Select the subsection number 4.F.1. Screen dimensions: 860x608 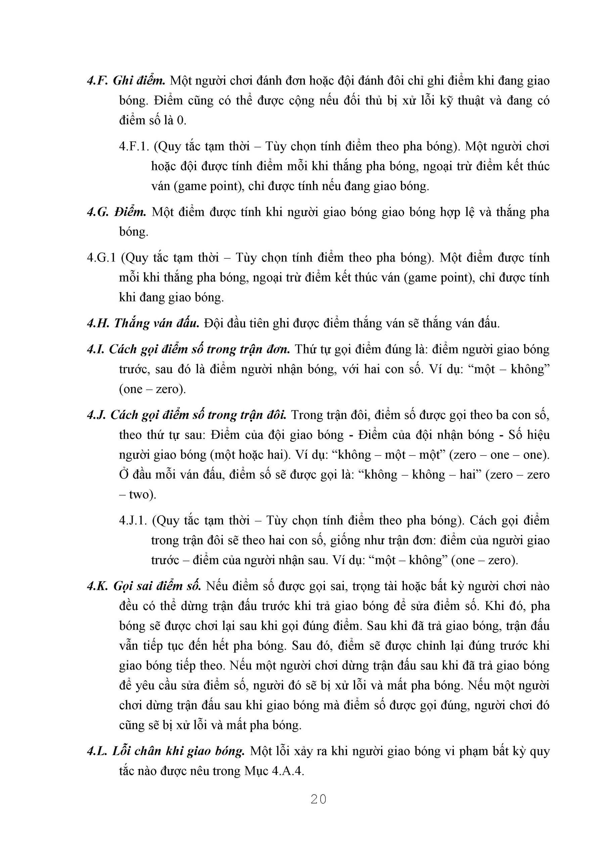point(134,146)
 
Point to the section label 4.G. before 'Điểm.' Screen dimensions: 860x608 point(98,212)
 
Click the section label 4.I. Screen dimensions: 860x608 point(95,349)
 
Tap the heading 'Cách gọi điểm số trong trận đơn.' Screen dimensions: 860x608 point(199,349)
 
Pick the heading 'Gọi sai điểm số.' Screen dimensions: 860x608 point(157,586)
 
